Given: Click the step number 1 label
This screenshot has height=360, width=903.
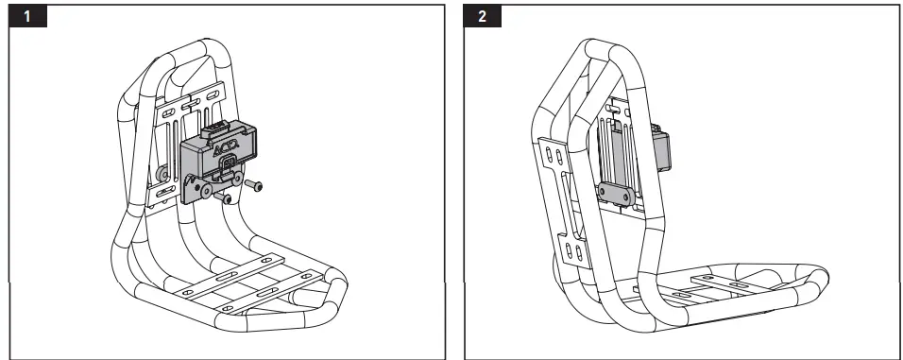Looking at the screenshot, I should coord(32,17).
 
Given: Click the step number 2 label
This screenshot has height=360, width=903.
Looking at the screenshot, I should coord(484,17).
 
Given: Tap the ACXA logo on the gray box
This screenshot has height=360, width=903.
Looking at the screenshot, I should coord(224,150).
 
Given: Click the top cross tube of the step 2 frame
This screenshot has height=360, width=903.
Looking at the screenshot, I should coord(614,47).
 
